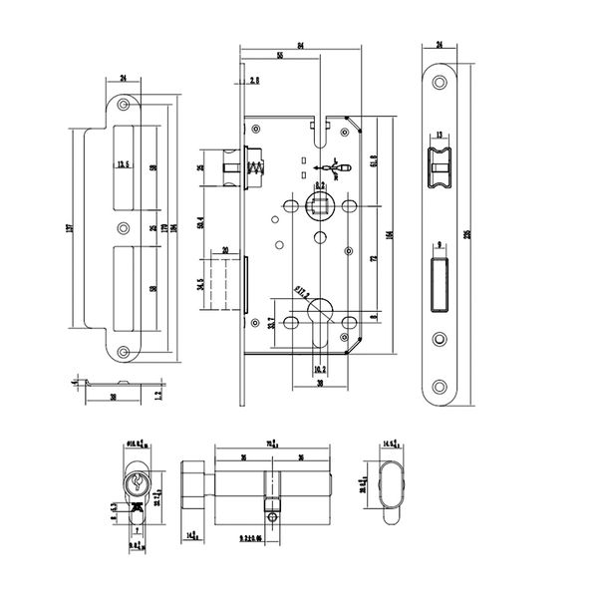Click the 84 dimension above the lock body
300,42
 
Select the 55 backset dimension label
280,57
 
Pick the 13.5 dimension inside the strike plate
125,163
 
